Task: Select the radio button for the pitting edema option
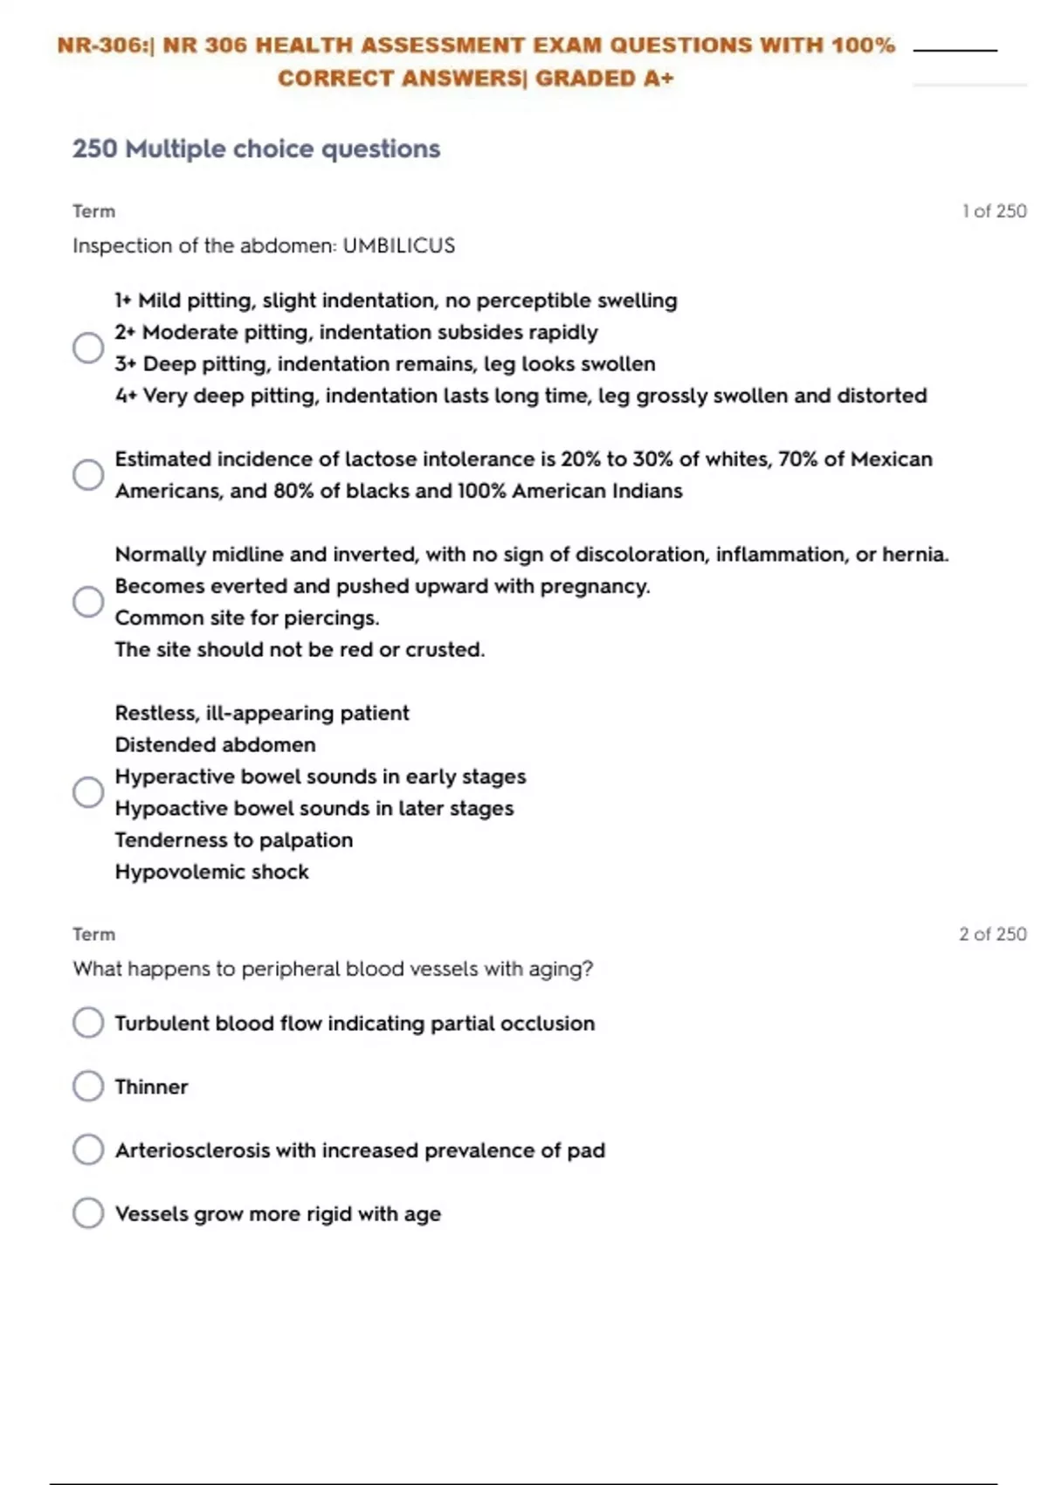point(88,348)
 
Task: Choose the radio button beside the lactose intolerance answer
point(88,474)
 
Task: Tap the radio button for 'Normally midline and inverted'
point(88,601)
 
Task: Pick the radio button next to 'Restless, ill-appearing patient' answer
point(88,791)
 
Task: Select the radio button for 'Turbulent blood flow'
point(88,1022)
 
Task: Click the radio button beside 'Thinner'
point(88,1086)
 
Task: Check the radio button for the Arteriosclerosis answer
point(88,1150)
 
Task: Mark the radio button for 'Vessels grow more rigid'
point(88,1212)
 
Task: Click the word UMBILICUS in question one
point(398,245)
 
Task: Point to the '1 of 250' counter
point(994,211)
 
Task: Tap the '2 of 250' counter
point(992,934)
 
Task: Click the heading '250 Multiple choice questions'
point(256,148)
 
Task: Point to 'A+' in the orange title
point(658,79)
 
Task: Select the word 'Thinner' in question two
point(151,1087)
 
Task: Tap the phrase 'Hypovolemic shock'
point(211,872)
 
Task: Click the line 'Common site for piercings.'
point(247,618)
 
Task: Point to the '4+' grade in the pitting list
point(127,396)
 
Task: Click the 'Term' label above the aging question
point(93,934)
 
